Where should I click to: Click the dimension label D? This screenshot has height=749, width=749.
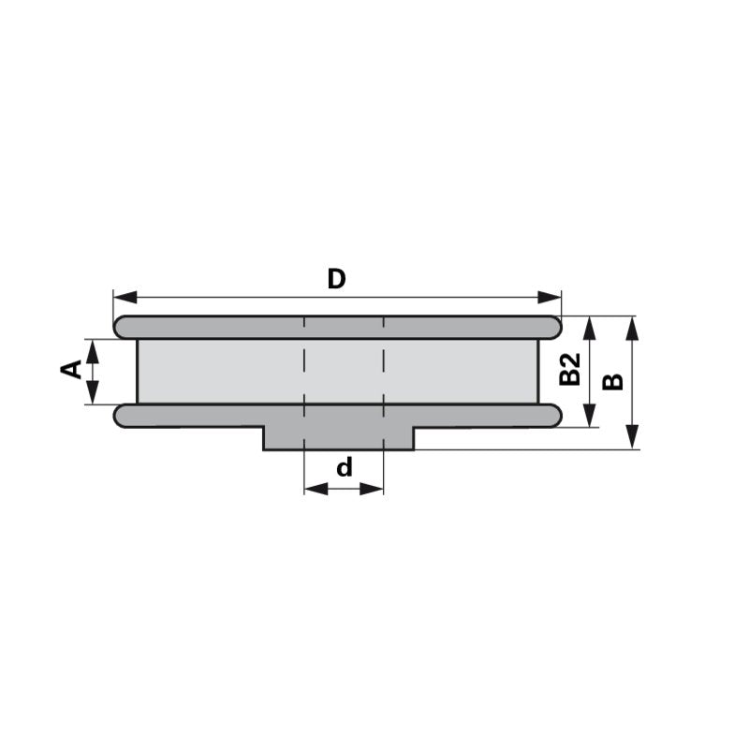click(337, 278)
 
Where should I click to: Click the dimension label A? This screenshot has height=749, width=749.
click(71, 371)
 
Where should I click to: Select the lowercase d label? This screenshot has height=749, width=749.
click(345, 466)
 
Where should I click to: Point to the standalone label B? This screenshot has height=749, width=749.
click(612, 381)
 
